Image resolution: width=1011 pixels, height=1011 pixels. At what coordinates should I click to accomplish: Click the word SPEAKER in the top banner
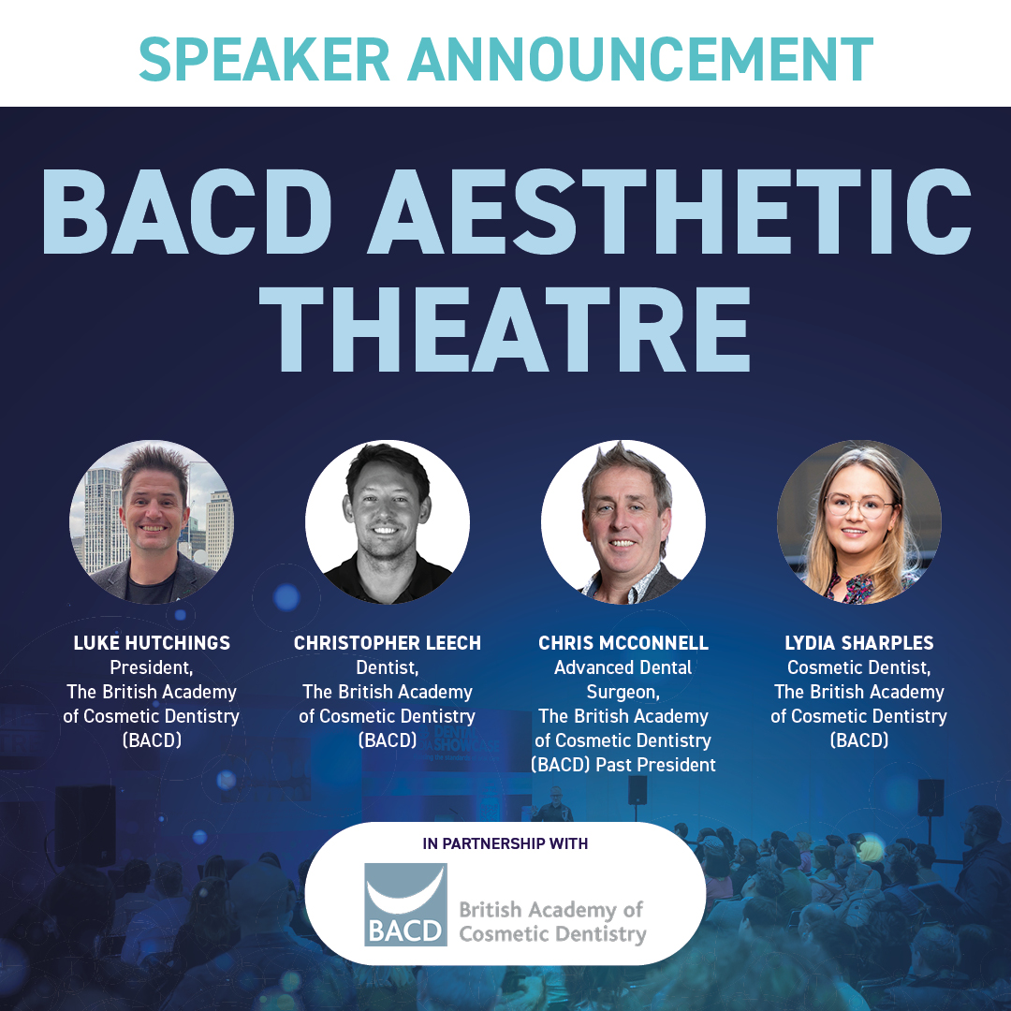(x=264, y=57)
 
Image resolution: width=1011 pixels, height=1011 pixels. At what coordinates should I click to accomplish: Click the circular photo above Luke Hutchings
(x=152, y=521)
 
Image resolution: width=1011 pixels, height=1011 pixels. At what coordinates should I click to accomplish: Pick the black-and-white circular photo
(x=388, y=521)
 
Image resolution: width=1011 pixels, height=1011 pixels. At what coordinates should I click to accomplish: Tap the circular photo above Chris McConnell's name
(x=623, y=521)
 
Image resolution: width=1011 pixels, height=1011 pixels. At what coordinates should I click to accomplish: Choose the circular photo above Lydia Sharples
(x=859, y=521)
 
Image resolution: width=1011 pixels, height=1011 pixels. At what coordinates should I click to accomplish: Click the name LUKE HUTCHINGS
(x=152, y=643)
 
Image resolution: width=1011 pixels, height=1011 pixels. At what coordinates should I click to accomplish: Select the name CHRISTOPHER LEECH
(x=388, y=643)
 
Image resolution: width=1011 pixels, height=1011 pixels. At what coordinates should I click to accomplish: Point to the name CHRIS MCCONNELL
(x=623, y=643)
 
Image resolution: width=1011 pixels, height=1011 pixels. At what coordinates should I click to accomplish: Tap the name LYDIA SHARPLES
(x=859, y=643)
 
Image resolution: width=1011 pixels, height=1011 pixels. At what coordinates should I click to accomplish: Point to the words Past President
(x=667, y=765)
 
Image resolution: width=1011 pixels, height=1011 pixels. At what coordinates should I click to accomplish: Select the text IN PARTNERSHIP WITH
(x=505, y=843)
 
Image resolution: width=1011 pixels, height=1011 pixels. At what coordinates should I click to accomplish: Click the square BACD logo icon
(x=405, y=904)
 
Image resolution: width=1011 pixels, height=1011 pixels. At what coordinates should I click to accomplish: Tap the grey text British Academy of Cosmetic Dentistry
(x=552, y=921)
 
